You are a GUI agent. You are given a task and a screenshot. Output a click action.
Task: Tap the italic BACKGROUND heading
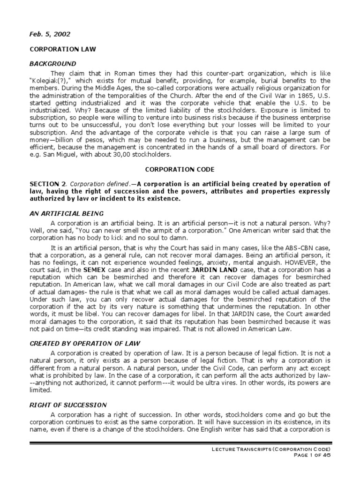(52, 63)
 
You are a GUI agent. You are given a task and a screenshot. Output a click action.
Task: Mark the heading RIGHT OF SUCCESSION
(68, 405)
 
